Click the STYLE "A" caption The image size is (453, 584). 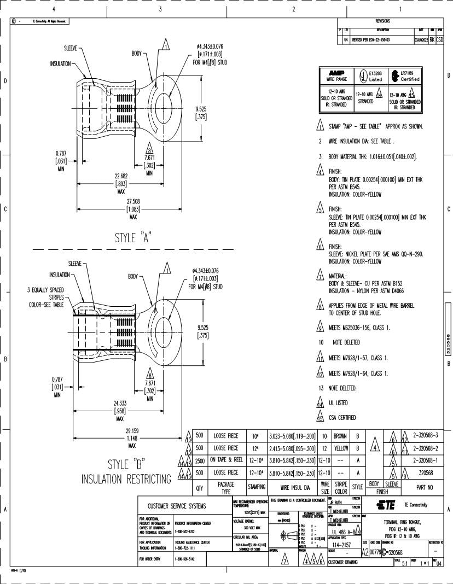click(x=133, y=238)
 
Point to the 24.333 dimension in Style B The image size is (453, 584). click(x=120, y=404)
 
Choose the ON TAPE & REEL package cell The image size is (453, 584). click(x=226, y=460)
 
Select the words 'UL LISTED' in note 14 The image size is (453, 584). click(x=338, y=403)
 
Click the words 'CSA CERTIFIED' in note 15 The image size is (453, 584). click(x=342, y=418)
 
